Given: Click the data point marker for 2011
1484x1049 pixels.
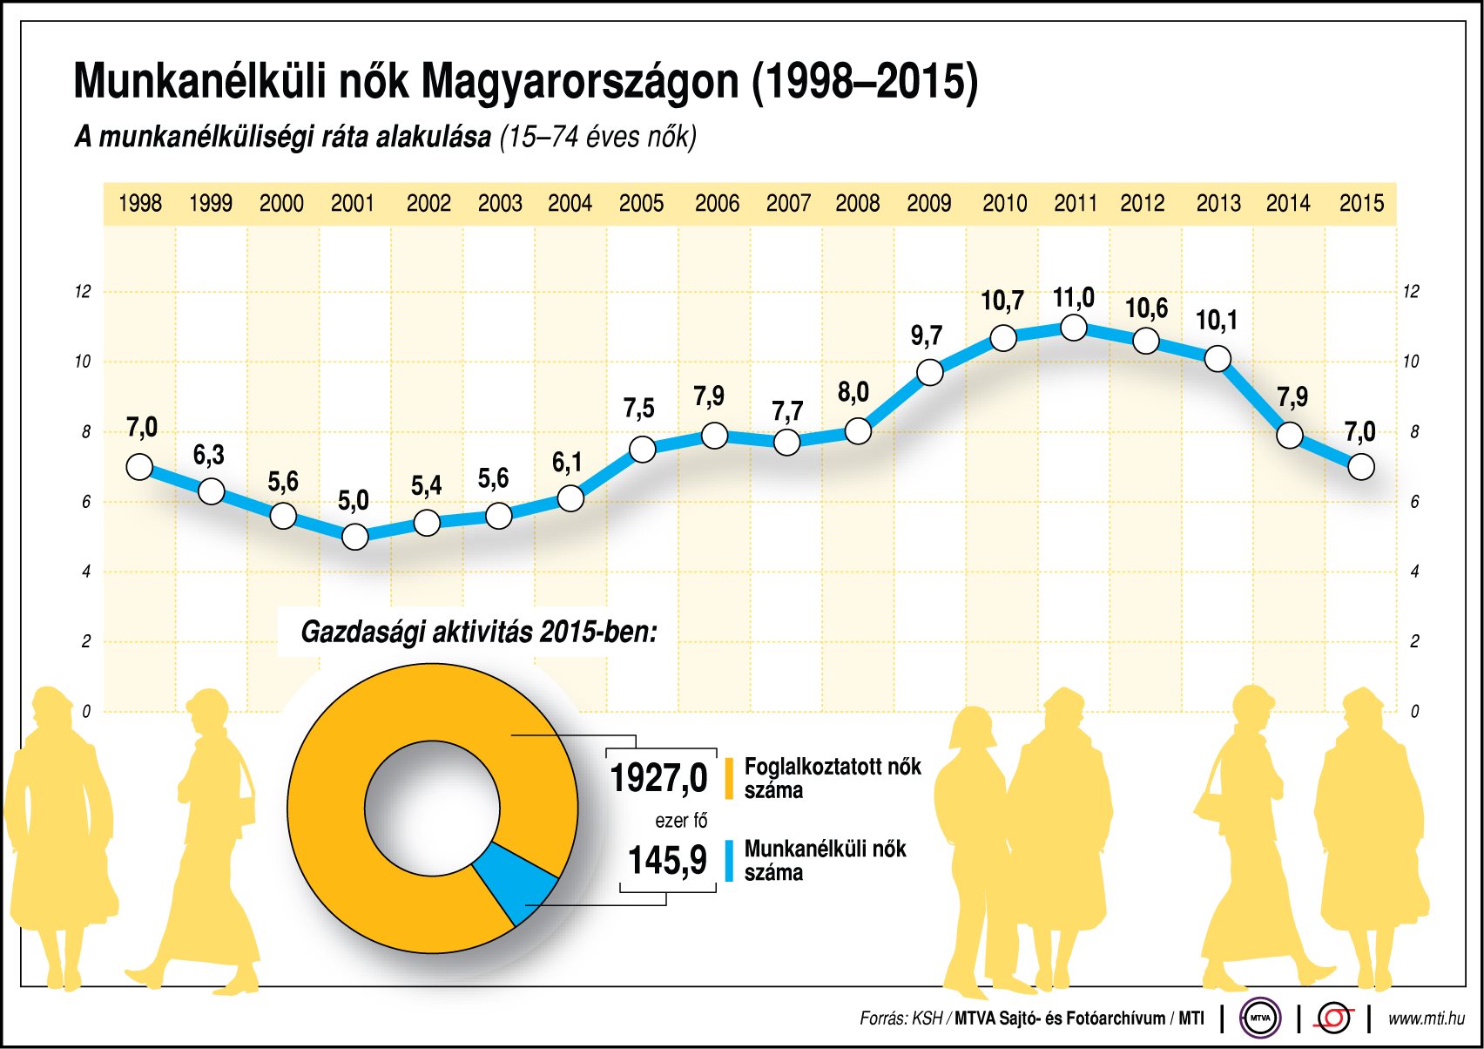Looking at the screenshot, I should [x=1074, y=328].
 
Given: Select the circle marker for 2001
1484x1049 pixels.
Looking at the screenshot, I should [x=354, y=537].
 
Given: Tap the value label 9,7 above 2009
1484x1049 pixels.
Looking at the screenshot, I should [x=927, y=336].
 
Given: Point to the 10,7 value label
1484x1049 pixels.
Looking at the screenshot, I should [x=1002, y=301].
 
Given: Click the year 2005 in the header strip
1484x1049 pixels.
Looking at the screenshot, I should [x=641, y=204].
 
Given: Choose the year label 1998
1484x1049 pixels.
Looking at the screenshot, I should [x=140, y=204].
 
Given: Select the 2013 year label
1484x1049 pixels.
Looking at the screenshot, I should [x=1218, y=204].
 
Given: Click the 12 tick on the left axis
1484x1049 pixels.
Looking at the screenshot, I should [x=83, y=292].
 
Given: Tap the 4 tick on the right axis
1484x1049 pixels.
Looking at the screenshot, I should [x=1414, y=572].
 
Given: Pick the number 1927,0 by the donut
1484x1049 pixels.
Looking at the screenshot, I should [x=658, y=778].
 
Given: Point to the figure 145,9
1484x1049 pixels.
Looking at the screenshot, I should [x=667, y=861].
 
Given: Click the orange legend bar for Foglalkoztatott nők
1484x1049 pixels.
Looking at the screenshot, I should [x=729, y=778].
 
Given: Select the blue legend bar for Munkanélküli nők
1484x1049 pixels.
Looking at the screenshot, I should [x=729, y=861].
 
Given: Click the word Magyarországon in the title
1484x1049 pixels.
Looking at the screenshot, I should [x=580, y=83].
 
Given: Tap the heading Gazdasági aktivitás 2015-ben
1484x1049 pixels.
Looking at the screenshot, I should [x=478, y=632].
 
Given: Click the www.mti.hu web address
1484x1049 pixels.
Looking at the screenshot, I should [x=1426, y=1018].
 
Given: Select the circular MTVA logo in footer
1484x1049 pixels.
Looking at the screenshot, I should [x=1260, y=1018].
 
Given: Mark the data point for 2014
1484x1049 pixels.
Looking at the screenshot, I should [x=1290, y=435].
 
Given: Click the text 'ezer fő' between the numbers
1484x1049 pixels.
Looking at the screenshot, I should [x=681, y=821].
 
